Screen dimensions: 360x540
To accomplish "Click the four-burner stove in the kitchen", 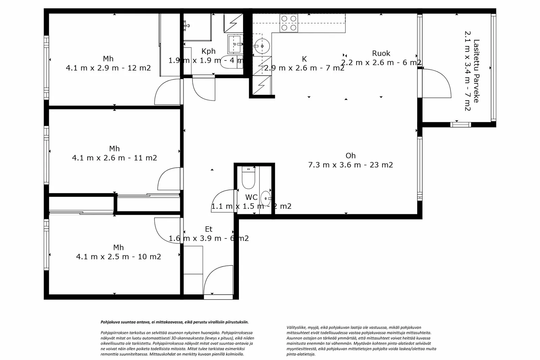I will coord(289,23).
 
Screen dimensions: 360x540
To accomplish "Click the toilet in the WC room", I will coord(248,179).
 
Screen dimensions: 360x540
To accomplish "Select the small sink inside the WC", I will coord(266,198).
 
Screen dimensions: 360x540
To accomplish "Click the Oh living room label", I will coord(350,156).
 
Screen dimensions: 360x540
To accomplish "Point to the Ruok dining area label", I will coord(381,53).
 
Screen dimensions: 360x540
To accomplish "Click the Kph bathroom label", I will coord(208,51).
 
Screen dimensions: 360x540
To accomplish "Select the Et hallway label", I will coord(209,229).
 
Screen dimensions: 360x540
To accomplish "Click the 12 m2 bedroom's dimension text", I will coord(108,68).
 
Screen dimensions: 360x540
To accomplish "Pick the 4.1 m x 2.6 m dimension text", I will coord(114,158).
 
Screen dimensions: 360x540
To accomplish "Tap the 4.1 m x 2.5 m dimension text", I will coord(118,257).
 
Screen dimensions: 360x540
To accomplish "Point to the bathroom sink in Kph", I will coord(235,44).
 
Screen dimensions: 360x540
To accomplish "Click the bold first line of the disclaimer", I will coord(174,322).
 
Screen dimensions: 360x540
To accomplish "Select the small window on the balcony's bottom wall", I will coord(460,125).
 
